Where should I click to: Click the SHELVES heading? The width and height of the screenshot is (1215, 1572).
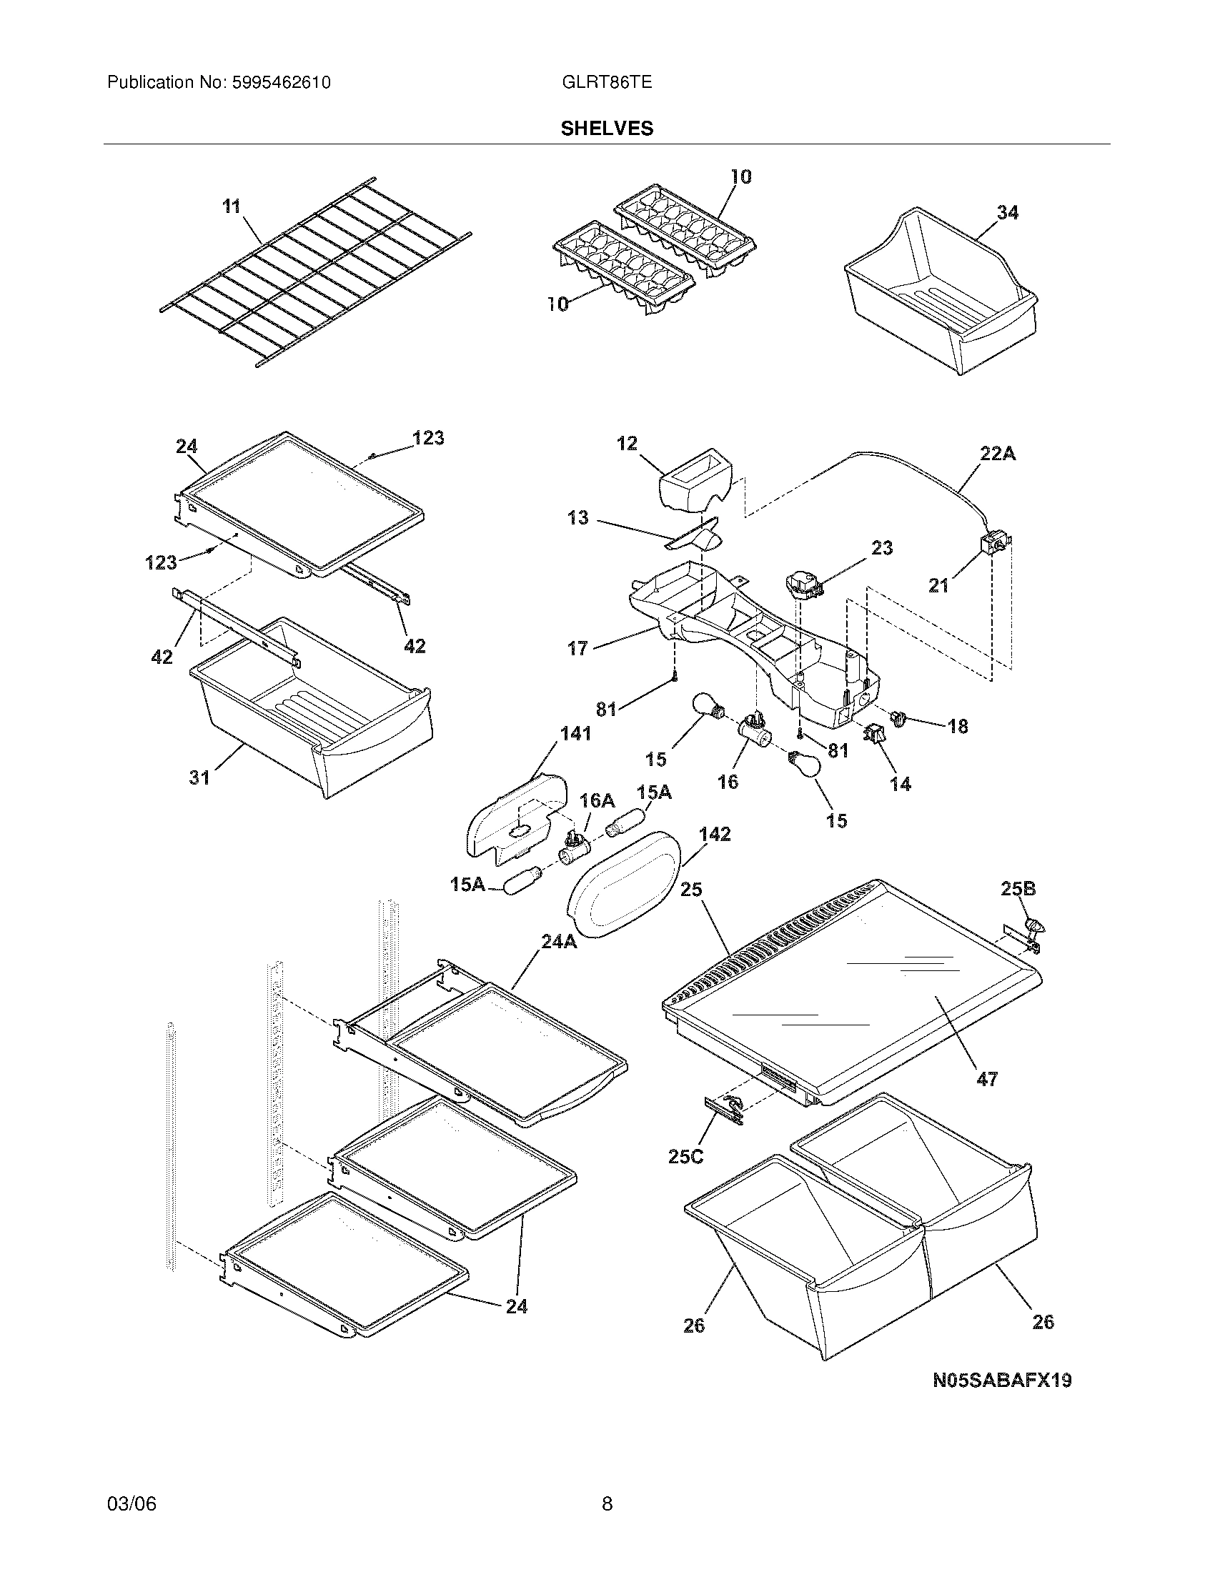pos(607,128)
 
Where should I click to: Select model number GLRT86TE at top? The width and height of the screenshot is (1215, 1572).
pos(606,82)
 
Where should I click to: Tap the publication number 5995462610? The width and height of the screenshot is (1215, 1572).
pos(281,82)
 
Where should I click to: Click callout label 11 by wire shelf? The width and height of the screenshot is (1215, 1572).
pos(230,207)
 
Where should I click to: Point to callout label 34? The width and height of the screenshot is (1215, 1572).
pos(1007,212)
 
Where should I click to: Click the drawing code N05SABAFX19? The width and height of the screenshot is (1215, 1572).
pos(1002,1381)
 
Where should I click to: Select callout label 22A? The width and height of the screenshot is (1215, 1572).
pos(997,454)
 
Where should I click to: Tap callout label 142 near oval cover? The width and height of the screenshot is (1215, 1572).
pos(714,834)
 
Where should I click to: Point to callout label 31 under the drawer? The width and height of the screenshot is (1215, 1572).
pos(199,777)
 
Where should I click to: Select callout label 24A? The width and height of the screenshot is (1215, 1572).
pos(558,942)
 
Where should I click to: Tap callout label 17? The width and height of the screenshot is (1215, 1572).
pos(577,649)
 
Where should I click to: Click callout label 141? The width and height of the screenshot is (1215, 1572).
pos(575,733)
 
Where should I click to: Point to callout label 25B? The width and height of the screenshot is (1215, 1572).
pos(1018,889)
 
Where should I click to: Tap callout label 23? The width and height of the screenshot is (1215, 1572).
pos(882,548)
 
